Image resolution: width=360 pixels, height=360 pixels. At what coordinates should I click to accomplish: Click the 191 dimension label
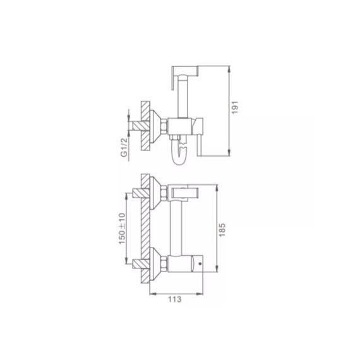[235, 107]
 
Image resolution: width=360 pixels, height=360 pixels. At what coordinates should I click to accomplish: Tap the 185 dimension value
[222, 230]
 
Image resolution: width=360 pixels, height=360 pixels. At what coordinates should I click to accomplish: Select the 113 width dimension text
[175, 299]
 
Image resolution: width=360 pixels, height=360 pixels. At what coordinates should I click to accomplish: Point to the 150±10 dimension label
[123, 229]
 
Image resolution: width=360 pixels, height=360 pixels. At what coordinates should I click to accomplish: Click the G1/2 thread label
[124, 148]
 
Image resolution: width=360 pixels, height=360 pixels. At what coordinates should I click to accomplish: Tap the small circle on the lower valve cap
[200, 263]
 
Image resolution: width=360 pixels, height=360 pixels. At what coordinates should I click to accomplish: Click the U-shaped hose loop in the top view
[179, 153]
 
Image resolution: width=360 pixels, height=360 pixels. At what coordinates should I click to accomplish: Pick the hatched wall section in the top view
[145, 126]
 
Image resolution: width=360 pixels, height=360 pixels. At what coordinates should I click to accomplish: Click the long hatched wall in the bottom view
[145, 229]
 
